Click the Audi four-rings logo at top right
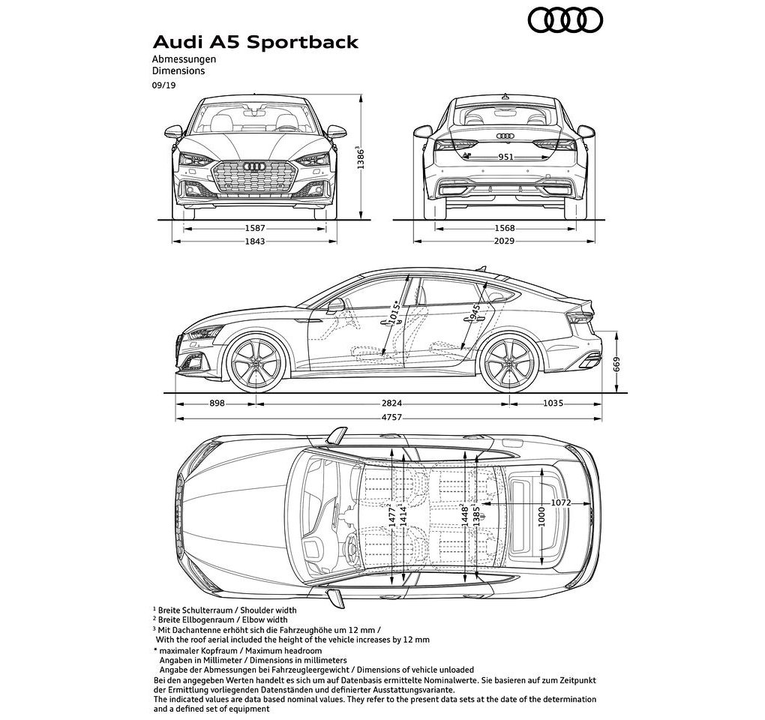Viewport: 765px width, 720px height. click(565, 20)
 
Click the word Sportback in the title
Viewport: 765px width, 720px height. click(302, 43)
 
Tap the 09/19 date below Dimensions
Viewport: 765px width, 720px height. click(164, 85)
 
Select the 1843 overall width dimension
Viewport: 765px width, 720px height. click(255, 241)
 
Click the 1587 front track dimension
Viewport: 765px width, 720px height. click(255, 228)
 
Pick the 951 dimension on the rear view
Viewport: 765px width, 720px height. click(505, 157)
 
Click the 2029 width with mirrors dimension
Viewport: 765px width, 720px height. click(505, 241)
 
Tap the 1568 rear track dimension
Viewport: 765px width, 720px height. click(505, 228)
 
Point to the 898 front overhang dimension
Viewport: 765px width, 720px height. click(217, 403)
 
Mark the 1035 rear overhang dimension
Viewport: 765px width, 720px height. click(553, 403)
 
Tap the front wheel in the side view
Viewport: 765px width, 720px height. click(256, 362)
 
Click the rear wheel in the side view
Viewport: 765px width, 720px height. click(510, 362)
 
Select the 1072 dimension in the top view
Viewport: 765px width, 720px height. click(560, 503)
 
